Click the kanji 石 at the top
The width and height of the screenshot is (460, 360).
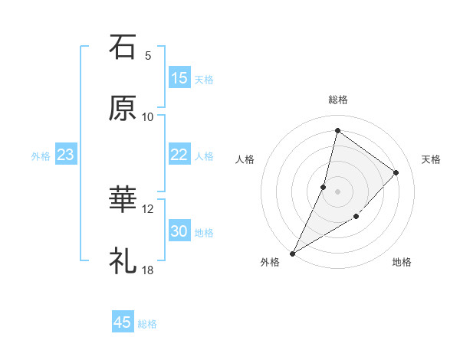click(x=123, y=48)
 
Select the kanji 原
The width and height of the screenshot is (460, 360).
click(x=123, y=109)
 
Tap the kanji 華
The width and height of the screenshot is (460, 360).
click(x=123, y=200)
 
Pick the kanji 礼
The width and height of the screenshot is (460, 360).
click(x=123, y=261)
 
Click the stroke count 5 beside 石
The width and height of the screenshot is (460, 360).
click(x=148, y=56)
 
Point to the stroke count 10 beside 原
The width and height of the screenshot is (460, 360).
click(x=148, y=116)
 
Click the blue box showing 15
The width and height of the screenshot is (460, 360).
click(x=179, y=78)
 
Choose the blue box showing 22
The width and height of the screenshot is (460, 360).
click(x=179, y=155)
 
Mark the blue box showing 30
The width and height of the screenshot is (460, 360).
click(x=179, y=231)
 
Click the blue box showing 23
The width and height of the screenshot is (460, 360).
click(x=66, y=155)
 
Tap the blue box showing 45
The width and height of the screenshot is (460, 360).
click(x=123, y=322)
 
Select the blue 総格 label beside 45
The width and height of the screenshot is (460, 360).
click(x=147, y=324)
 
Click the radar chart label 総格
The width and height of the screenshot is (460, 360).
click(x=337, y=100)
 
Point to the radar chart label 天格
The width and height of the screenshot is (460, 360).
click(x=431, y=159)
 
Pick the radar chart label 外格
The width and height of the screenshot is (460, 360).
click(x=270, y=262)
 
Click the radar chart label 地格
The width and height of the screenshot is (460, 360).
click(x=402, y=262)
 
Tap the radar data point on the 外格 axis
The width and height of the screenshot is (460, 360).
click(x=292, y=253)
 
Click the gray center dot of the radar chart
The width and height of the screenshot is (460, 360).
click(x=337, y=191)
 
